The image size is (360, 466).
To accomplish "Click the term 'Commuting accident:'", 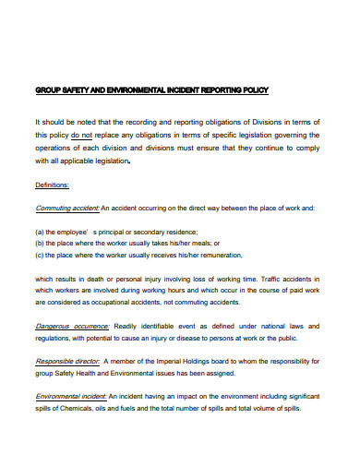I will point(66,208).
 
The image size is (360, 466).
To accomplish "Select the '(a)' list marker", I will point(40,232).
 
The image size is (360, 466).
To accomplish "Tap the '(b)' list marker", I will point(40,243).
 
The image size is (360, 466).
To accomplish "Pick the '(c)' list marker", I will point(40,255).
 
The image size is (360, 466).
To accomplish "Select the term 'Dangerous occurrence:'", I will point(72,326).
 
